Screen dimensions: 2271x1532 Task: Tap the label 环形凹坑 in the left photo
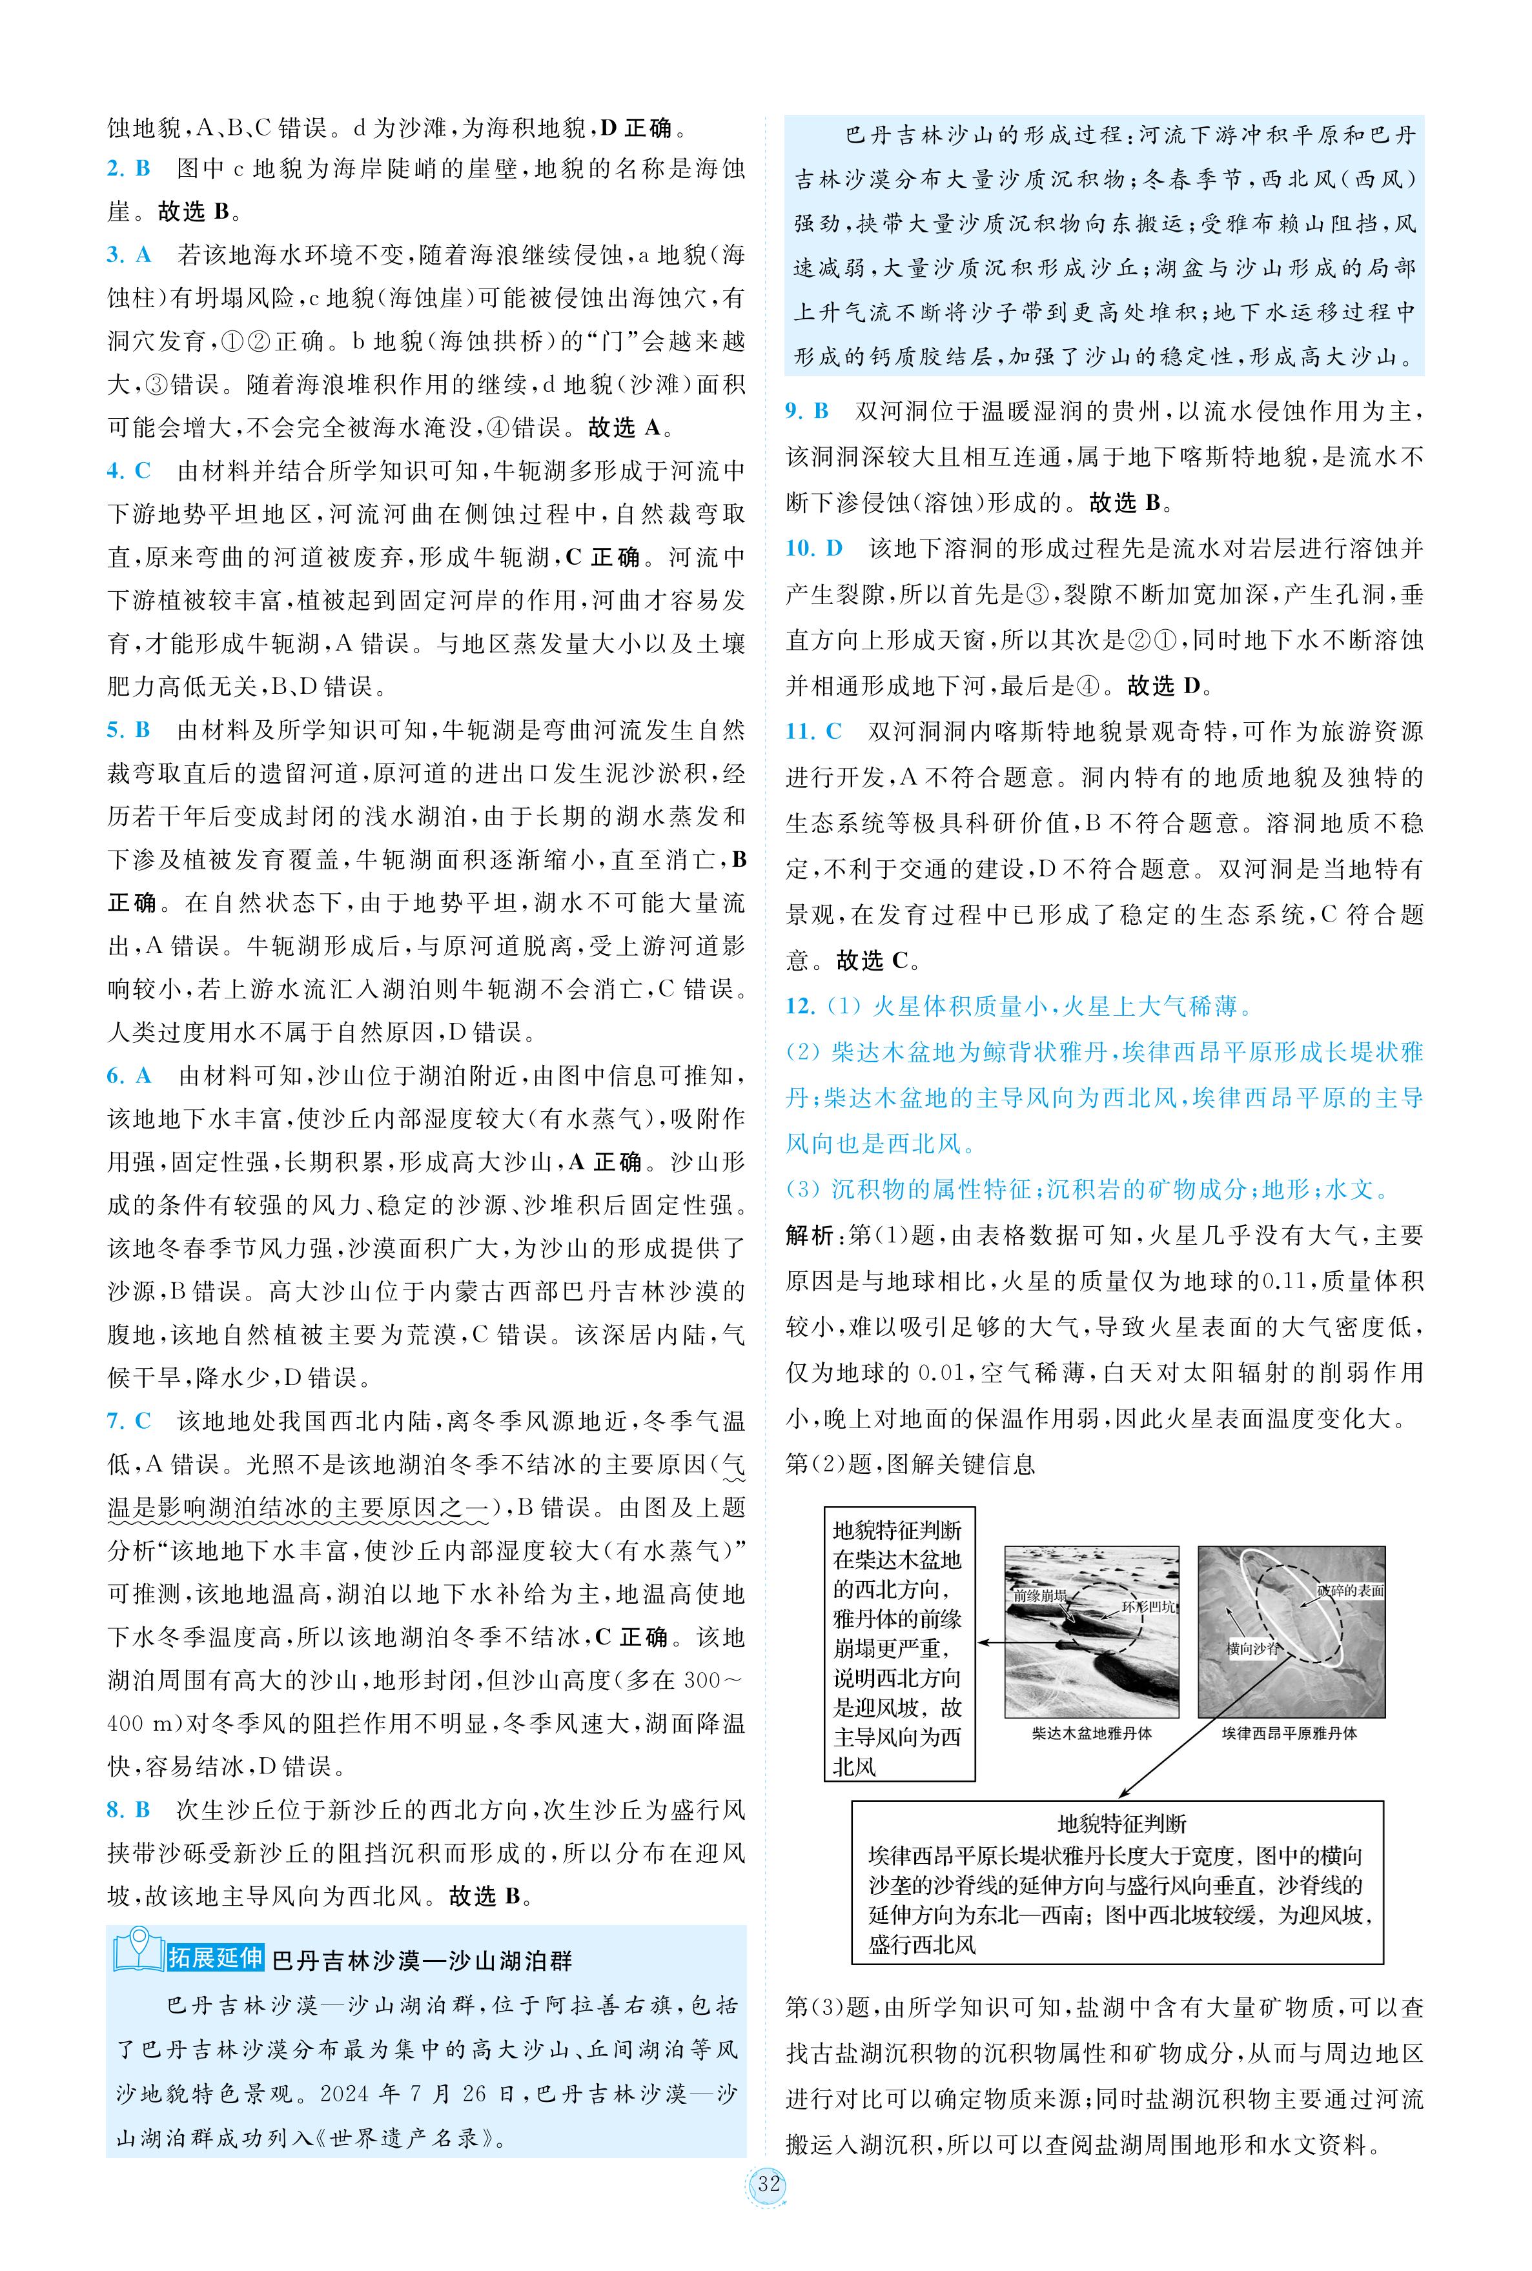coord(1148,1606)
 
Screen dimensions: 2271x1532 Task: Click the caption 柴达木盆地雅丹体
coord(1091,1733)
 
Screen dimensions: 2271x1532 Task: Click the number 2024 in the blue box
coord(346,2094)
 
